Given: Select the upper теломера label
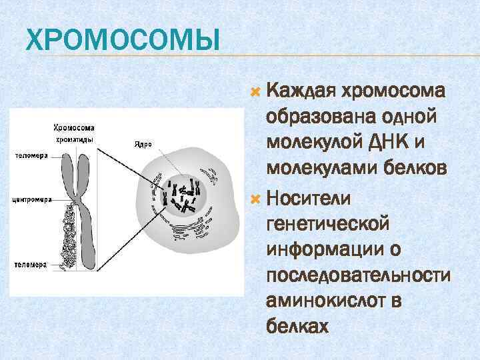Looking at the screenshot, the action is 29,156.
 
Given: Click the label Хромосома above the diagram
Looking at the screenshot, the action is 74,127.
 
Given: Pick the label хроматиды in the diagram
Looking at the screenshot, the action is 74,139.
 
